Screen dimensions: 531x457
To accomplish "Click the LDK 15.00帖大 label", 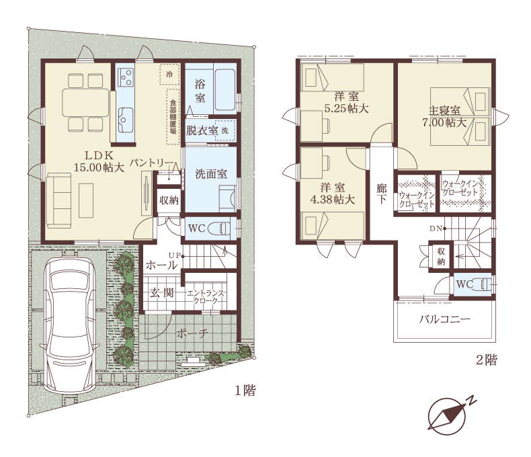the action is coord(99,161).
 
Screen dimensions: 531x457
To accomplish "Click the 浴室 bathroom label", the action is coord(200,91).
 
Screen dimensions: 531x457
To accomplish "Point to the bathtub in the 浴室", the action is coord(225,89).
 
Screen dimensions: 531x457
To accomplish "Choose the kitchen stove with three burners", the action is coord(125,77).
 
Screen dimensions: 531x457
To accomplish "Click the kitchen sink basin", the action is coord(125,120).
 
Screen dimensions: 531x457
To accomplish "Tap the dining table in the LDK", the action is coord(85,103).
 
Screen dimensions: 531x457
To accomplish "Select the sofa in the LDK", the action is coord(59,200).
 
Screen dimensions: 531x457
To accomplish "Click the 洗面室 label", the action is coord(211,174).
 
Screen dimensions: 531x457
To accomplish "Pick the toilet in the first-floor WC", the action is coord(219,229).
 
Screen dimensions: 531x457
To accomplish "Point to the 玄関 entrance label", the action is coord(162,293).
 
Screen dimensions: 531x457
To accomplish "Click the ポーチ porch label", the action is coord(192,333).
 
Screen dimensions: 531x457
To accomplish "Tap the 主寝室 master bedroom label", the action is coord(444,110).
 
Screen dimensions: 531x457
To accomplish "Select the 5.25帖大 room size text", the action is coord(346,109).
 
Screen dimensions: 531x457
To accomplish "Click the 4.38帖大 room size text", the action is coord(333,200).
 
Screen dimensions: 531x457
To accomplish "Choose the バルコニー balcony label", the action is coord(445,319).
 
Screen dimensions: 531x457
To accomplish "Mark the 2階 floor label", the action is coord(487,360).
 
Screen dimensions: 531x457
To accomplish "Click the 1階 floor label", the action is coord(245,390).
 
